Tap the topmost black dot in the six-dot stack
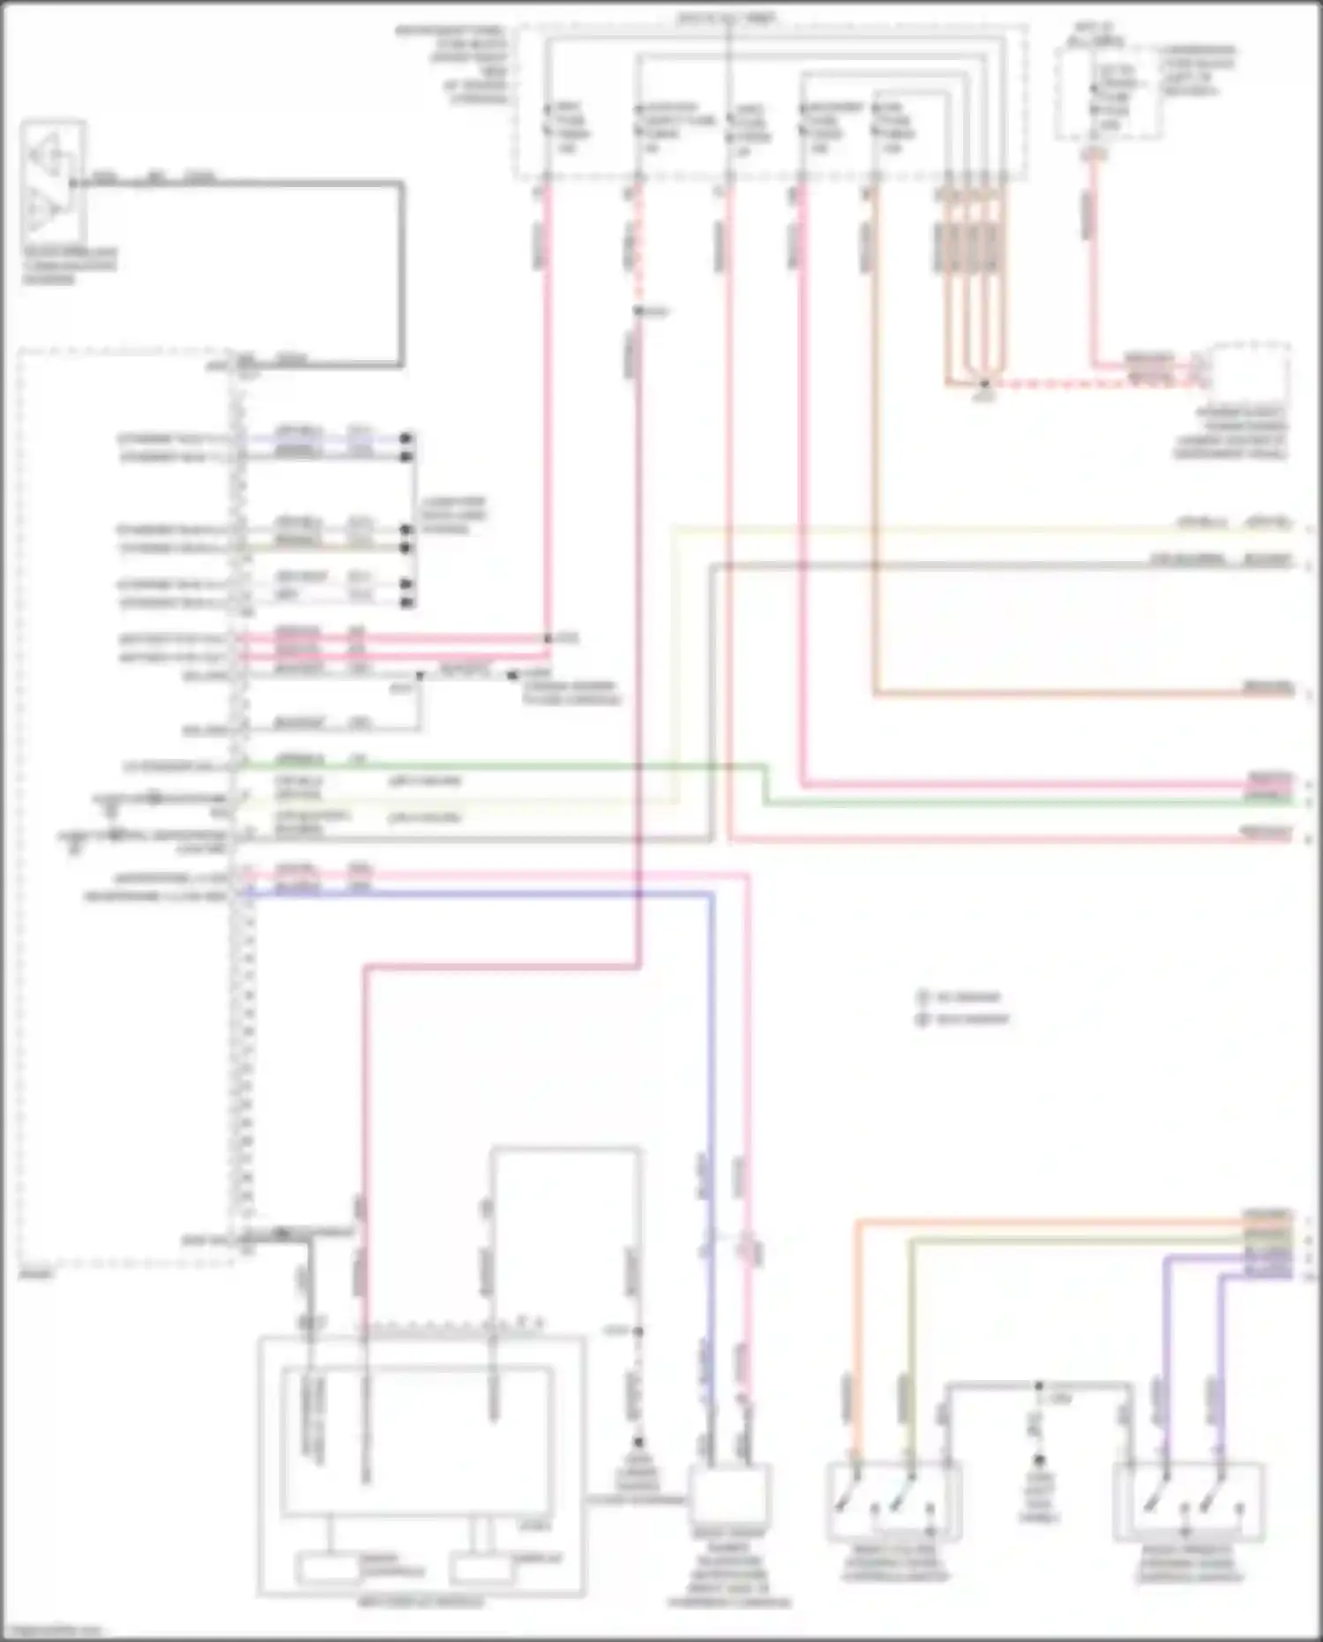click(x=407, y=439)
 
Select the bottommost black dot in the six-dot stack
click(x=407, y=604)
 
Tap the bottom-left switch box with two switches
click(x=893, y=1502)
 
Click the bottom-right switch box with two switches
click(x=1187, y=1502)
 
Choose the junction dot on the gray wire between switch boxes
click(x=1039, y=1386)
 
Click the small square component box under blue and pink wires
click(x=729, y=1493)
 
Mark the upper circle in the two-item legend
click(x=924, y=998)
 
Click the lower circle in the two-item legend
click(x=924, y=1020)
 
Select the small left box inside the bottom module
click(x=330, y=1569)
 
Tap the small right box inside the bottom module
click(x=482, y=1569)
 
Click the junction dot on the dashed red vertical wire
click(x=638, y=311)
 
